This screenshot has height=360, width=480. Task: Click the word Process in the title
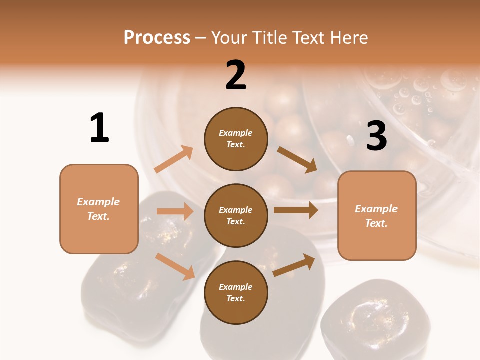click(x=157, y=38)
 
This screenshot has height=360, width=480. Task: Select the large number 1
click(x=99, y=128)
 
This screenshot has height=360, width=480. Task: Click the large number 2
click(x=236, y=75)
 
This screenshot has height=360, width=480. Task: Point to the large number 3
click(x=376, y=136)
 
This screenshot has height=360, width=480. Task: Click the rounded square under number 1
click(x=99, y=209)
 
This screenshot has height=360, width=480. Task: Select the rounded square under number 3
click(x=377, y=215)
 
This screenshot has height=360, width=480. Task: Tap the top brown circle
click(x=236, y=139)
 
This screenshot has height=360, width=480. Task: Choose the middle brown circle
click(x=236, y=215)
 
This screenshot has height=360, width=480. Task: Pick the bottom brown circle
click(x=236, y=292)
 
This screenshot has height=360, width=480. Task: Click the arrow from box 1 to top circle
click(x=174, y=159)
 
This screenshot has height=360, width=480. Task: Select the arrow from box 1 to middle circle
click(x=175, y=211)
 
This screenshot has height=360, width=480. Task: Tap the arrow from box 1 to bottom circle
click(x=175, y=266)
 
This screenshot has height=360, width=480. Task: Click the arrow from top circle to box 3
click(x=297, y=159)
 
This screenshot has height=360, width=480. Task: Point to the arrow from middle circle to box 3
click(x=296, y=210)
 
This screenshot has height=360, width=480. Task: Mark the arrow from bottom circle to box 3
click(x=294, y=265)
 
